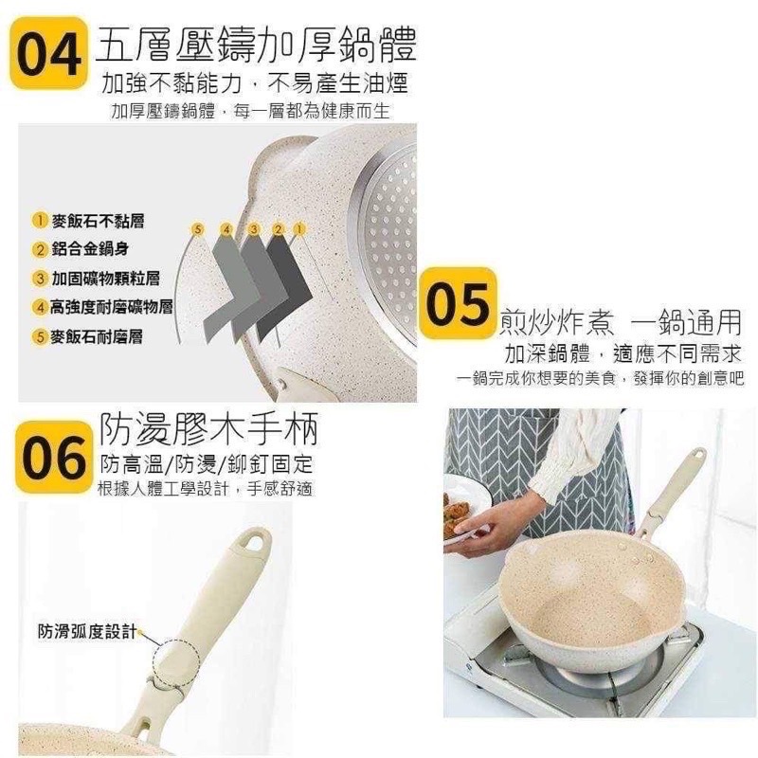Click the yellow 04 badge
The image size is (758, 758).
(x=49, y=53)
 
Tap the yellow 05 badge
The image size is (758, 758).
(x=458, y=303)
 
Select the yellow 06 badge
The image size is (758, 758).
(x=54, y=458)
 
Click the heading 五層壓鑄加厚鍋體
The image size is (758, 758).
(x=256, y=45)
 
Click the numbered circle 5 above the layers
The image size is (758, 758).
(x=197, y=229)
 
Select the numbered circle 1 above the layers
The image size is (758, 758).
(x=299, y=228)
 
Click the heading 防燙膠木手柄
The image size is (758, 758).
(x=208, y=428)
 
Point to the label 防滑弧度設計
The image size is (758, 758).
(x=87, y=631)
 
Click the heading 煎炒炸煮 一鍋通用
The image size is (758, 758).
(x=621, y=322)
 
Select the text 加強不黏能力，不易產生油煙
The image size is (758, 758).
(x=255, y=83)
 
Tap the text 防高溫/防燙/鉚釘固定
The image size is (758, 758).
(x=207, y=464)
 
